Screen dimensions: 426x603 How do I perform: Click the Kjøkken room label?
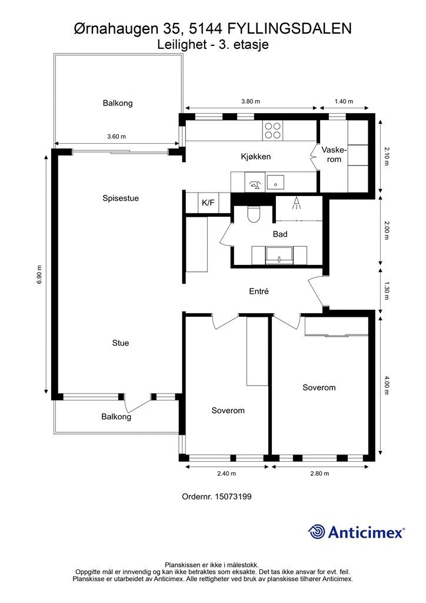point(256,157)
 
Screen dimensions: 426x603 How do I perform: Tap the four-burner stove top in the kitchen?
point(273,130)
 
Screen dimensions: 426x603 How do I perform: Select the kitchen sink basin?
point(275,182)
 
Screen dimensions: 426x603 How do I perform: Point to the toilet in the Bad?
point(254,214)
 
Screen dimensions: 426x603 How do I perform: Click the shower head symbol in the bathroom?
point(296,203)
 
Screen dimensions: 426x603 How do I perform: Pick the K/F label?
point(208,203)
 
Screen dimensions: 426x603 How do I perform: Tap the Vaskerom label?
point(334,154)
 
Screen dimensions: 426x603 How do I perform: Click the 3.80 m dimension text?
point(251,101)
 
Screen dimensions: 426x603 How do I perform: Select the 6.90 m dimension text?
point(39,274)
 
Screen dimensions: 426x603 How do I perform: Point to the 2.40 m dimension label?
point(227,473)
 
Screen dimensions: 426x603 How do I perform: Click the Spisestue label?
point(121,198)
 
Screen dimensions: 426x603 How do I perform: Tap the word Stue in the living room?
point(121,343)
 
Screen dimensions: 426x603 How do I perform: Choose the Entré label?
point(259,291)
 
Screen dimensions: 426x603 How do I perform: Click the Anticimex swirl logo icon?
point(317,532)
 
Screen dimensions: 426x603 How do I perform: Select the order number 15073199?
point(233,496)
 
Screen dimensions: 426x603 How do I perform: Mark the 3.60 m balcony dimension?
point(117,137)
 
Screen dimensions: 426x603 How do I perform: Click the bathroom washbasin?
point(279,256)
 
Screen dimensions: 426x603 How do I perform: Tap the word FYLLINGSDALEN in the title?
point(289,29)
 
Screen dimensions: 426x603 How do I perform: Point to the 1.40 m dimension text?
point(344,101)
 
